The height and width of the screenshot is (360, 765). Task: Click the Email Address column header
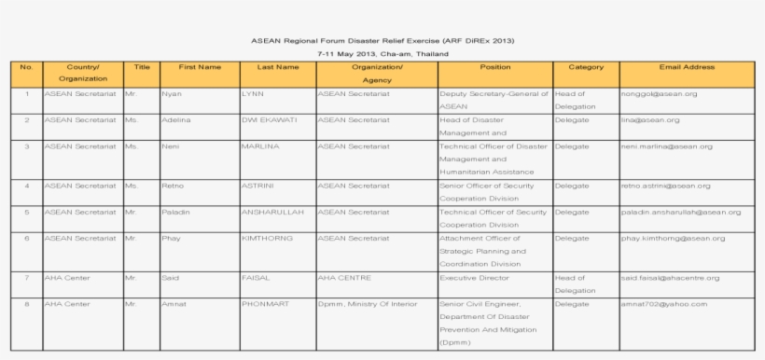(686, 67)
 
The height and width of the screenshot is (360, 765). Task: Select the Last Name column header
(277, 67)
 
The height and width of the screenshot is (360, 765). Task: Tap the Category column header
(586, 67)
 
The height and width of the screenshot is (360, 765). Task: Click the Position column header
(494, 67)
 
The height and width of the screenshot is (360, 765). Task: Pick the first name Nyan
(172, 94)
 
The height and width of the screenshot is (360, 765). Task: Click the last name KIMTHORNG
(267, 238)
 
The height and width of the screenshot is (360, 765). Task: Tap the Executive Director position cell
(472, 278)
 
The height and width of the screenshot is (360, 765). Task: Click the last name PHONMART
(266, 304)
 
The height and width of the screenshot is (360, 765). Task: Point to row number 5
(27, 212)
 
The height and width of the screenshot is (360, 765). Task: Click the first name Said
(170, 278)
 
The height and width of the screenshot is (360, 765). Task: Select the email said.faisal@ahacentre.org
(669, 278)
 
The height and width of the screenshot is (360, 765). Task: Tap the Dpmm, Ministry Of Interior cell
(365, 304)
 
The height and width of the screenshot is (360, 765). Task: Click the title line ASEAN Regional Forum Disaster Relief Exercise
(382, 41)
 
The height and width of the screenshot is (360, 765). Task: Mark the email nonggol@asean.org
(658, 94)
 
